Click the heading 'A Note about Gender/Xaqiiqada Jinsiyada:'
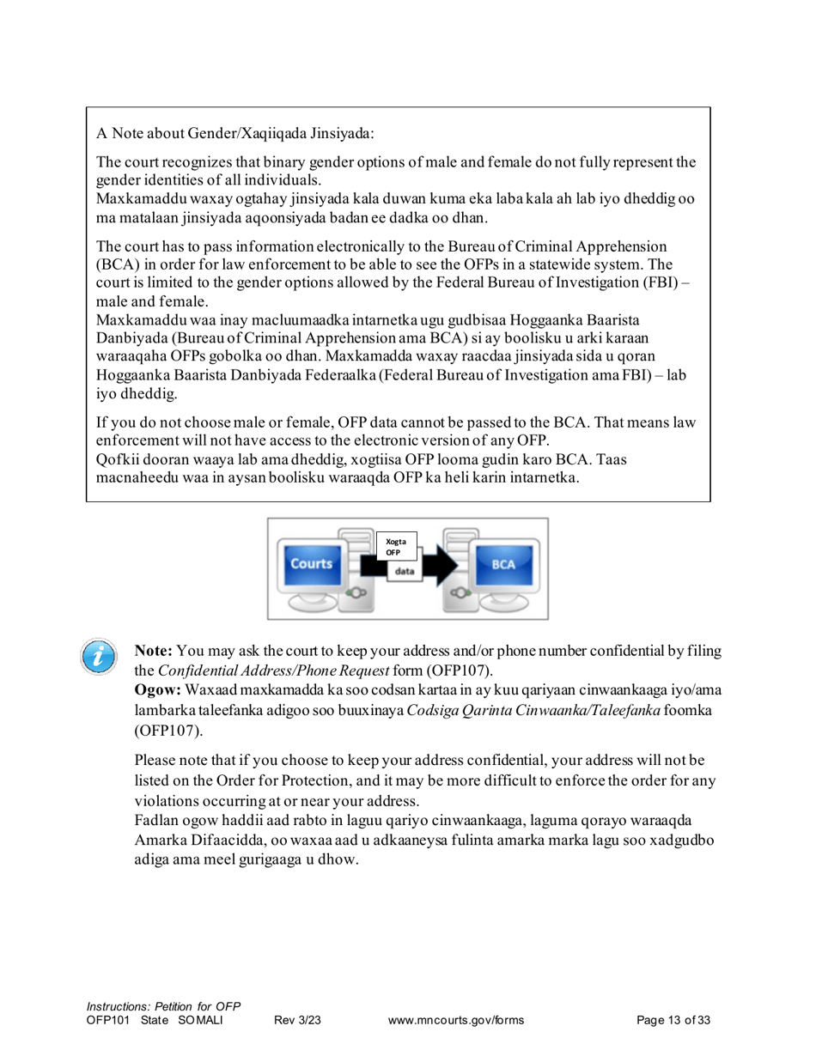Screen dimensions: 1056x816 pos(234,133)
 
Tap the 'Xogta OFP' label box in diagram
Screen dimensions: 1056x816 pos(396,547)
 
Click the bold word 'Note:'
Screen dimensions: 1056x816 pos(153,652)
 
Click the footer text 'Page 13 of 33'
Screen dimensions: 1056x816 pos(673,1020)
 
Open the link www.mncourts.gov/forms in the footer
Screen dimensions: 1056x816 pos(456,1020)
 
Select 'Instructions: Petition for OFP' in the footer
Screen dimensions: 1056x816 pos(163,1005)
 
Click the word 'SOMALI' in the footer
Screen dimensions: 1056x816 pos(200,1020)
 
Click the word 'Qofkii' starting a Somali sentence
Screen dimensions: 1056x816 pos(115,459)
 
